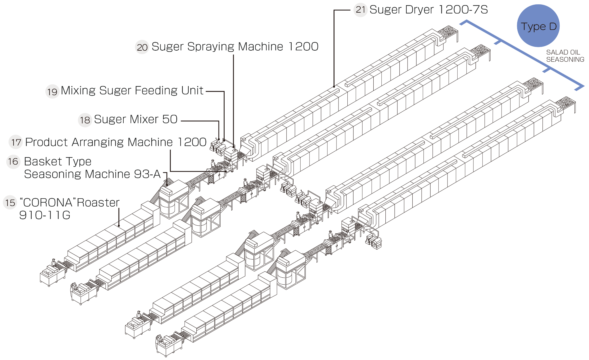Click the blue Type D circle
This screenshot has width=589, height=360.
point(538,26)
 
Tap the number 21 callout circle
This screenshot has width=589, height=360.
point(360,10)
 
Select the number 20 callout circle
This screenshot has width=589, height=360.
point(142,47)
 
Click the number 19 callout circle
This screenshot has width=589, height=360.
point(52,92)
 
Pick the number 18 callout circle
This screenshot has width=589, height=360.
point(85,120)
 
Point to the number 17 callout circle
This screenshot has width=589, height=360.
point(16,142)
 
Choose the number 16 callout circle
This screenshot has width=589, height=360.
point(13,161)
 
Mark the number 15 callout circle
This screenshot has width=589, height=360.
point(10,203)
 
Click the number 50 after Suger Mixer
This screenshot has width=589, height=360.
point(170,119)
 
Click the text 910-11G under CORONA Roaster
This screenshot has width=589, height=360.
point(45,215)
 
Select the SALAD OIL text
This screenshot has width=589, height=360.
point(563,52)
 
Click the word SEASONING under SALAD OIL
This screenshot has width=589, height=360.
point(565,60)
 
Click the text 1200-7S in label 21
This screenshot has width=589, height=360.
point(463,10)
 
